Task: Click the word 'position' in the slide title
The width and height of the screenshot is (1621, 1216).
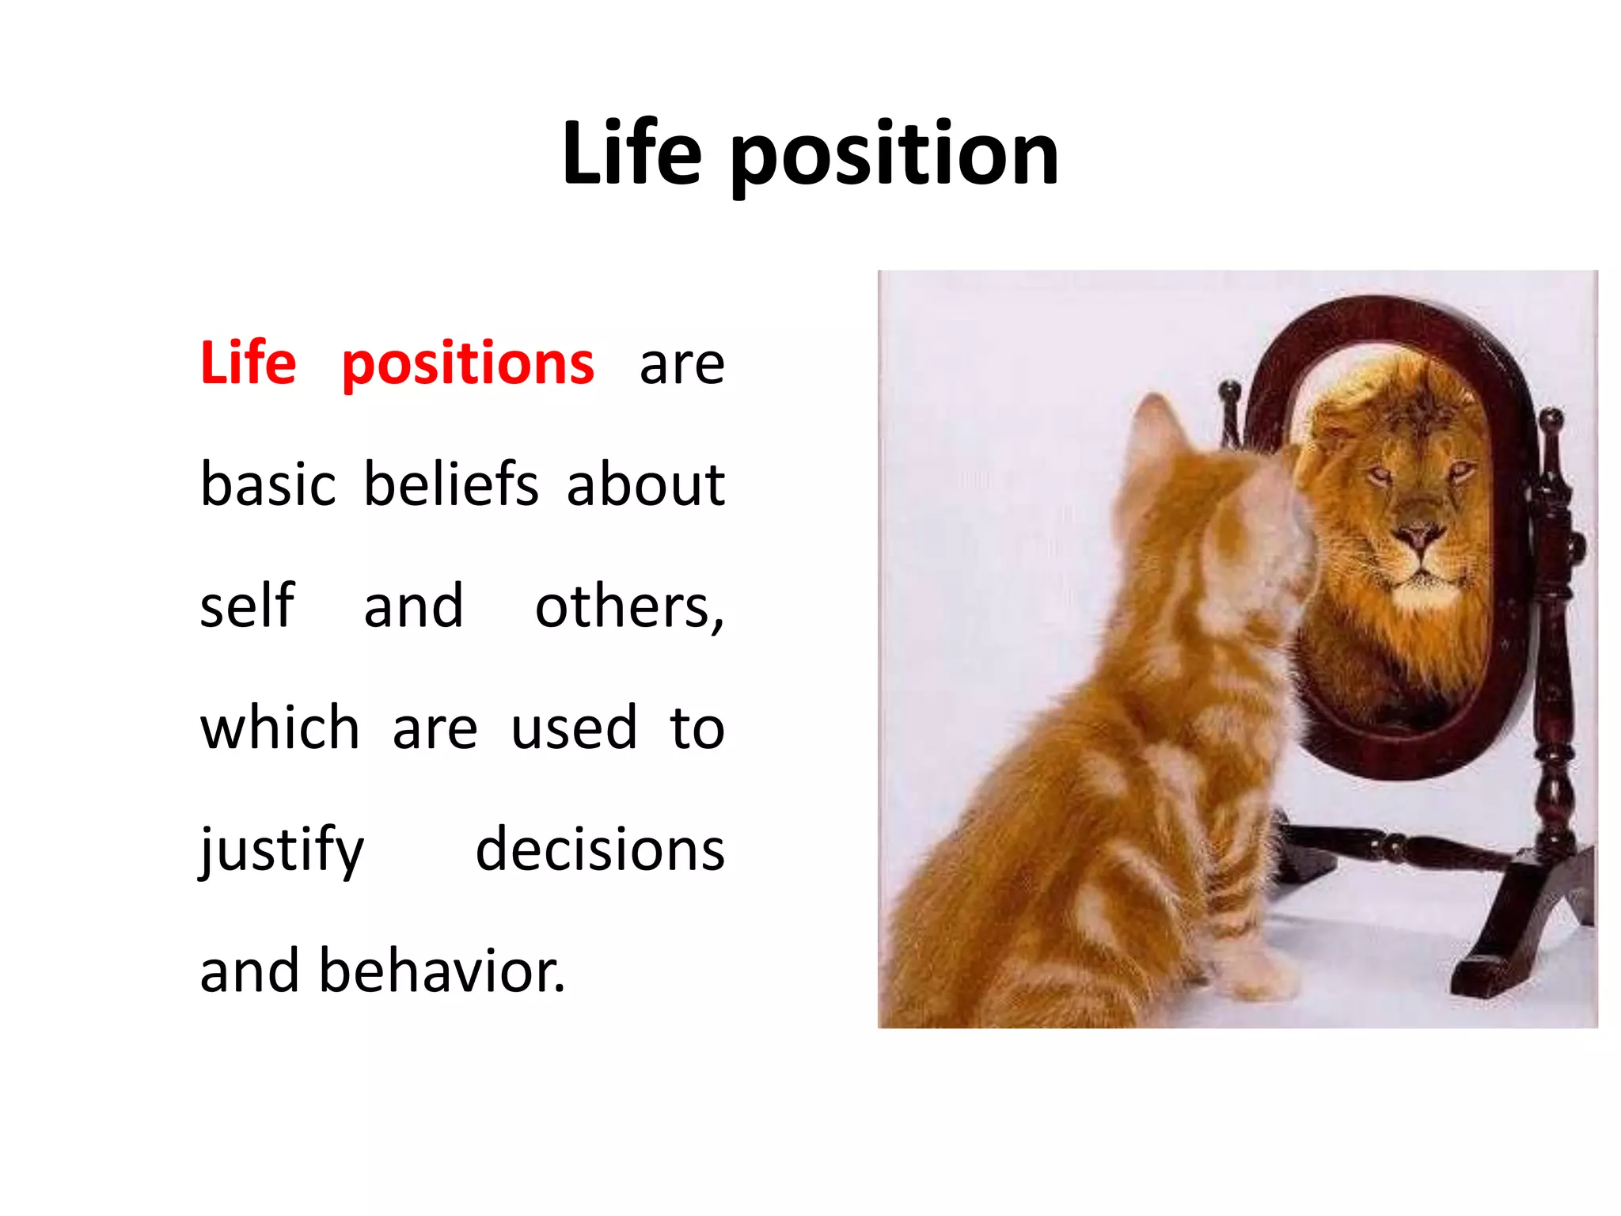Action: [894, 157]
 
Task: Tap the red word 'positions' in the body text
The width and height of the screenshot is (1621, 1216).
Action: [467, 364]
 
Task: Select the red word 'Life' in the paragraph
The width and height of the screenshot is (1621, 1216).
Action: [248, 363]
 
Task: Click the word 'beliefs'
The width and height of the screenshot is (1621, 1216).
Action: [451, 484]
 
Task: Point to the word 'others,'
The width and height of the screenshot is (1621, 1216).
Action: [629, 607]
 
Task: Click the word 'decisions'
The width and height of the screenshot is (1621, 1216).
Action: [600, 849]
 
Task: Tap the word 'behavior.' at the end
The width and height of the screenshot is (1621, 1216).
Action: [442, 971]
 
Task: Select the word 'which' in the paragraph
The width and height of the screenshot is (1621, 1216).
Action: [279, 728]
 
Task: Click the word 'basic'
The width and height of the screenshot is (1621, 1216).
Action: [268, 484]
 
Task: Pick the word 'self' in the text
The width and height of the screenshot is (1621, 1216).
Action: [247, 606]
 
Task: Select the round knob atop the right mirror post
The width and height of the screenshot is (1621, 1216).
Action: [1551, 417]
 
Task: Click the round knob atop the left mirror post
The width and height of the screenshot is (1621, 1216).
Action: [1229, 389]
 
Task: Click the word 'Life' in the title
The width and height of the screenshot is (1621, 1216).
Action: [632, 155]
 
